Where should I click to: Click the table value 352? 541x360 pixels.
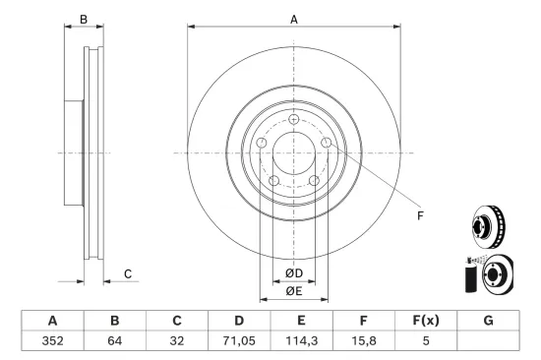(52, 340)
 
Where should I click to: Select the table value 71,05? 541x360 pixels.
(239, 340)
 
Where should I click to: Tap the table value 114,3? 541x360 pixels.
(301, 340)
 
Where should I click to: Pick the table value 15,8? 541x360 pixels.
(363, 340)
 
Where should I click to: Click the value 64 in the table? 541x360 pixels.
(114, 340)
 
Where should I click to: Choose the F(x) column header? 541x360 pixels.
(426, 321)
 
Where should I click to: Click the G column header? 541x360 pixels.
(488, 321)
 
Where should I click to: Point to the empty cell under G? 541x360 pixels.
(488, 340)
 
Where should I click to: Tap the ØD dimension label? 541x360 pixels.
(294, 273)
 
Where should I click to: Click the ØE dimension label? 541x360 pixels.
(294, 291)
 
